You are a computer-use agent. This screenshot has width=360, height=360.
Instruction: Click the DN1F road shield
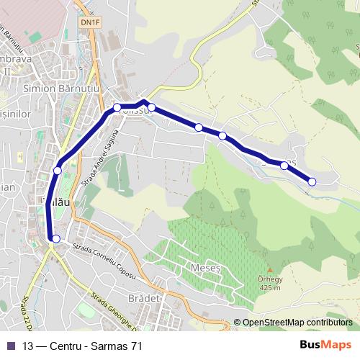pyautogui.click(x=90, y=22)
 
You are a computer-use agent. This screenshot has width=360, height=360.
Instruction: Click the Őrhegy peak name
pyautogui.click(x=270, y=279)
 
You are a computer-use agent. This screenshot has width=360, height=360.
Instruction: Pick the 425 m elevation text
pyautogui.click(x=270, y=289)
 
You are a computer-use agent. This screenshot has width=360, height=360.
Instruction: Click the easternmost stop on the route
pyautogui.click(x=312, y=181)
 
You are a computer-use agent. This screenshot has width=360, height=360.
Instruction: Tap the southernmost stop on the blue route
pyautogui.click(x=55, y=238)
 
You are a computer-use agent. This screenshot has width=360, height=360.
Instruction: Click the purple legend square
pyautogui.click(x=10, y=346)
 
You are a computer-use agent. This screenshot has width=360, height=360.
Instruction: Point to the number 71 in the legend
pyautogui.click(x=136, y=346)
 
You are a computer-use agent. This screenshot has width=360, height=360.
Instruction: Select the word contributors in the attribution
pyautogui.click(x=329, y=323)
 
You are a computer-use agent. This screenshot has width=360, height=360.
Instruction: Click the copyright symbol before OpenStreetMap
pyautogui.click(x=237, y=323)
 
